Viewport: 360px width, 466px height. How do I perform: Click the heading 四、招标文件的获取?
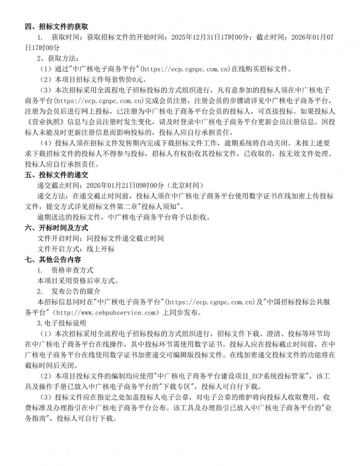click(x=56, y=27)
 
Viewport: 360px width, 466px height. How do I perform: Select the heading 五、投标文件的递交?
click(x=56, y=175)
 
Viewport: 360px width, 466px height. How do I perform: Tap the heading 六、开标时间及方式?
click(x=56, y=228)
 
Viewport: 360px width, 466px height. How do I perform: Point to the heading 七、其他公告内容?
click(x=53, y=260)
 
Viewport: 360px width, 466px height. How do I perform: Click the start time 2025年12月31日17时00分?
click(x=211, y=37)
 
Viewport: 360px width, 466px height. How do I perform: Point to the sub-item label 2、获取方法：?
click(x=57, y=58)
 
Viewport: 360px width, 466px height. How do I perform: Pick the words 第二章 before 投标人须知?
click(x=135, y=207)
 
